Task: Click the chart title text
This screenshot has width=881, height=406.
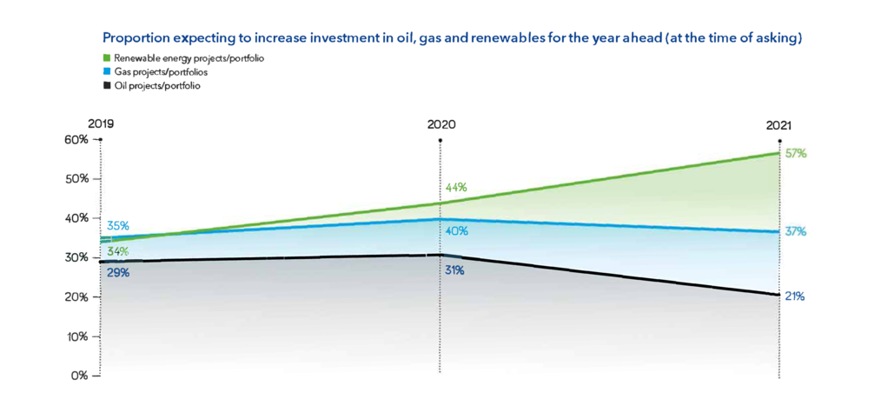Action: coord(452,39)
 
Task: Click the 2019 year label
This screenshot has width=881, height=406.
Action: coord(101,124)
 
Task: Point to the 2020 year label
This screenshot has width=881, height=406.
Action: coord(440,124)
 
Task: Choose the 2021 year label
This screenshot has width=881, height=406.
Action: coord(778,125)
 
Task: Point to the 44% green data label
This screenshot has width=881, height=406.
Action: coord(457,188)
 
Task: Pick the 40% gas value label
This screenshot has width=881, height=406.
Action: coord(457,231)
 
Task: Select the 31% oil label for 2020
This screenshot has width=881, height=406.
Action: coord(454,271)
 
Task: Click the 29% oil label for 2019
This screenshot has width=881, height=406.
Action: coord(118,273)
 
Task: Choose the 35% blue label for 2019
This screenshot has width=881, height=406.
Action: coord(118,226)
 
